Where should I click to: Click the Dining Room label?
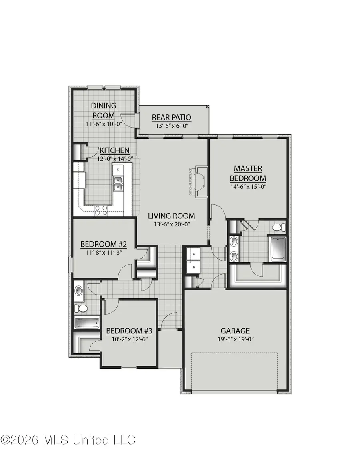(104, 110)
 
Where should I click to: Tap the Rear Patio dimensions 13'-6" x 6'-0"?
(171, 126)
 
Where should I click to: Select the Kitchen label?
(114, 150)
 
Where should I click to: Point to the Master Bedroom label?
(250, 173)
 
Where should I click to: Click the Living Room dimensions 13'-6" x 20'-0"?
(171, 224)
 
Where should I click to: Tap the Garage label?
(235, 331)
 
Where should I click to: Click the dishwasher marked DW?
(118, 170)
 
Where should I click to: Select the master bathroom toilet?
(278, 227)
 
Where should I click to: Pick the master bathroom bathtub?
(278, 248)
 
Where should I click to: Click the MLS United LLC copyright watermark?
(68, 440)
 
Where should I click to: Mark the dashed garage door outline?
(234, 371)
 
